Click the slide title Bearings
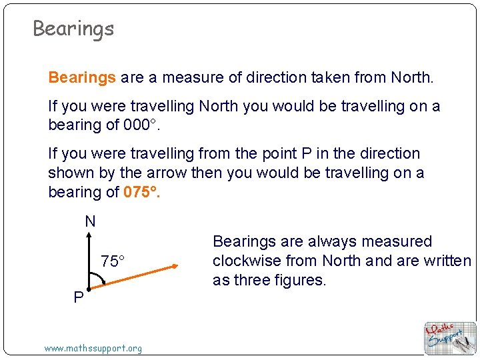click(x=73, y=29)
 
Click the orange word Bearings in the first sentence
click(x=82, y=78)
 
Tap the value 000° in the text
click(x=141, y=125)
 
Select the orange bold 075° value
click(x=142, y=193)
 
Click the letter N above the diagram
click(x=90, y=222)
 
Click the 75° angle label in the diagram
click(x=113, y=261)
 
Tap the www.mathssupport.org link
click(x=93, y=348)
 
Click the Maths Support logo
click(x=451, y=338)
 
